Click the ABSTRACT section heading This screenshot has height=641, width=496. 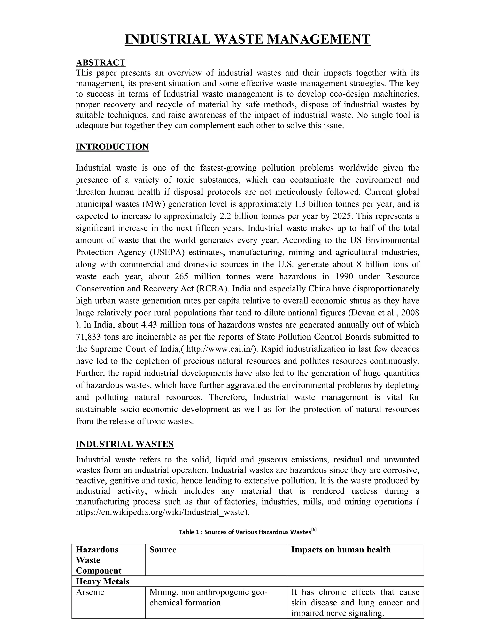point(101,62)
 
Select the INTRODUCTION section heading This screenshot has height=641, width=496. point(112,147)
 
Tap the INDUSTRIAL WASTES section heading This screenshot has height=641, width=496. point(124,444)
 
